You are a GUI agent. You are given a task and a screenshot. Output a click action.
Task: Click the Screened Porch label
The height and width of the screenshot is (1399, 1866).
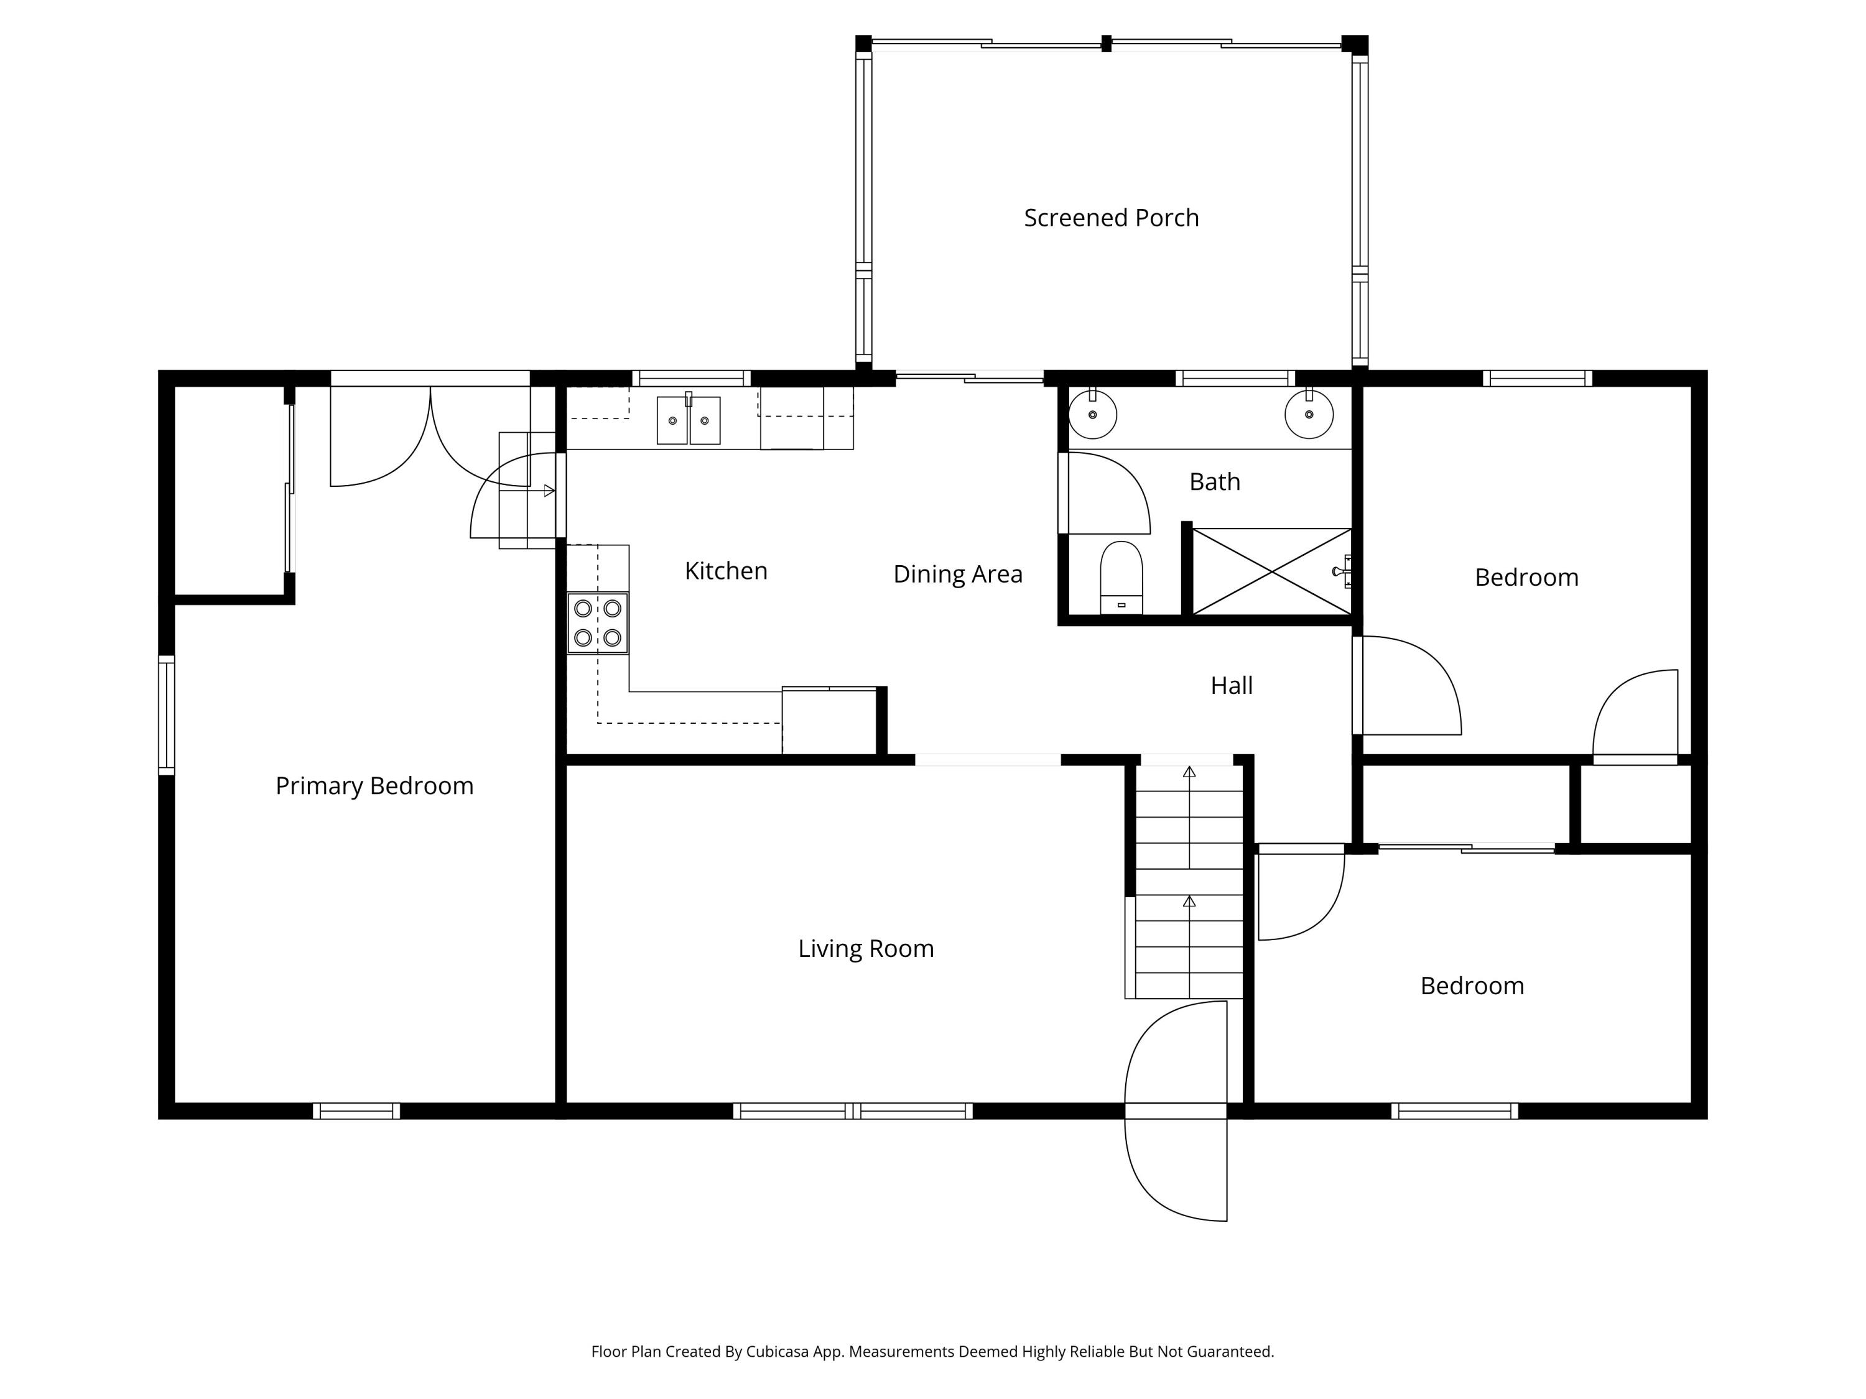(x=1111, y=218)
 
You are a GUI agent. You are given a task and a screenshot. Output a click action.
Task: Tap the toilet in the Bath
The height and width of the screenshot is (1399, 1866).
(x=1121, y=577)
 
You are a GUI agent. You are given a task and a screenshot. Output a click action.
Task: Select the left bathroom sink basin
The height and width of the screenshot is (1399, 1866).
(x=1092, y=414)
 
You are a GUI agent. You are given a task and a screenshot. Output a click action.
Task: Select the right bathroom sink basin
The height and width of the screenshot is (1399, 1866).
(x=1309, y=414)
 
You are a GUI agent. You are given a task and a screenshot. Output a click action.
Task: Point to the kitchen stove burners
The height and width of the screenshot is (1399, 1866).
(x=597, y=623)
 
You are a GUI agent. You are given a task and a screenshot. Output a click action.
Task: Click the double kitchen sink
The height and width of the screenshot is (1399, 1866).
(x=689, y=420)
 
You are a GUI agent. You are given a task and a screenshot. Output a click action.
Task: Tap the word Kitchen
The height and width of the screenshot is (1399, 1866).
(x=725, y=571)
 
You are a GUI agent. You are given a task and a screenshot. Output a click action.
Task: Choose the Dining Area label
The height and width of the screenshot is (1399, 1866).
(x=957, y=575)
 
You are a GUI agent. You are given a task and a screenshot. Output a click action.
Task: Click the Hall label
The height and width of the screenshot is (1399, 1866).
(x=1231, y=686)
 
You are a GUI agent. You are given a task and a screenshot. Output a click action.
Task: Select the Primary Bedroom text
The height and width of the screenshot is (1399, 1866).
(x=374, y=786)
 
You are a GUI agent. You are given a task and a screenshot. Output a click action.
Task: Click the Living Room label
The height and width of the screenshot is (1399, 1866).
(x=866, y=949)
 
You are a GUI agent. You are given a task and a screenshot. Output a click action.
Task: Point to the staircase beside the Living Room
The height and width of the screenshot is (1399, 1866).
(x=1189, y=881)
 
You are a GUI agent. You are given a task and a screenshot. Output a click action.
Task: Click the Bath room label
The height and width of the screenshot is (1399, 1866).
(x=1214, y=481)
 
